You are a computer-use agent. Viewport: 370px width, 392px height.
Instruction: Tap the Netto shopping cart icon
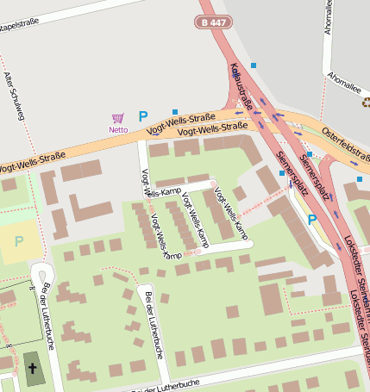click(118, 118)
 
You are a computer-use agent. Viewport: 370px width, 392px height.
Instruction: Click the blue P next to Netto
click(143, 116)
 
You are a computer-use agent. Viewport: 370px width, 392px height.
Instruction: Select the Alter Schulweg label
click(12, 90)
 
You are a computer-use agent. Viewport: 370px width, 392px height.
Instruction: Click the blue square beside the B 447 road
click(253, 65)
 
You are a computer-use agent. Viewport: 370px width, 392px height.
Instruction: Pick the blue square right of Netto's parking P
click(175, 112)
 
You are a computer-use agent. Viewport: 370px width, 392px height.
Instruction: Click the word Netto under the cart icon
click(118, 130)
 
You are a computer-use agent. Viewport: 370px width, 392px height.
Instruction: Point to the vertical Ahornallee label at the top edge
click(329, 17)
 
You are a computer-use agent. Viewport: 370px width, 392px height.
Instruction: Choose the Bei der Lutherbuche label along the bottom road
click(164, 384)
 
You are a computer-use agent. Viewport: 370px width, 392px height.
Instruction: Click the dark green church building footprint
click(34, 369)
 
